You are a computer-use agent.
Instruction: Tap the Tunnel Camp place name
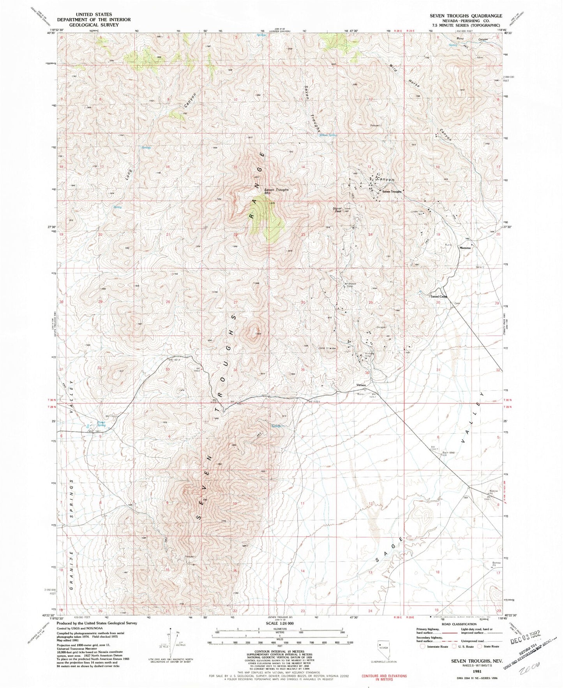[438, 297]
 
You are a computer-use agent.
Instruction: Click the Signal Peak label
[337, 210]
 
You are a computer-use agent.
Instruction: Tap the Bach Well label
[447, 453]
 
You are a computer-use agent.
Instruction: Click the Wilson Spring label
[328, 135]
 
